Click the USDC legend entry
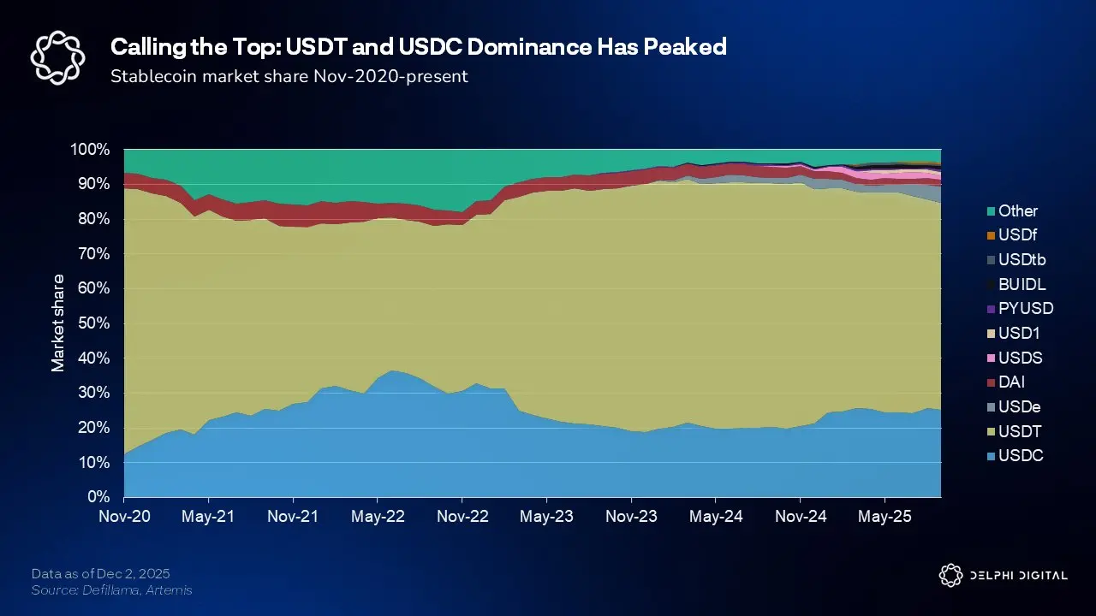pyautogui.click(x=1015, y=456)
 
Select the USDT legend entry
pyautogui.click(x=1015, y=432)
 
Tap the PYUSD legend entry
pyautogui.click(x=1019, y=308)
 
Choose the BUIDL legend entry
pyautogui.click(x=1016, y=284)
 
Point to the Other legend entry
pyautogui.click(x=1011, y=210)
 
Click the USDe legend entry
pyautogui.click(x=1013, y=407)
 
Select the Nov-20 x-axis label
pyautogui.click(x=124, y=517)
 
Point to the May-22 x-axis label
pyautogui.click(x=378, y=517)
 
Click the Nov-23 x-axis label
pyautogui.click(x=631, y=517)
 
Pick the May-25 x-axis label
pyautogui.click(x=885, y=517)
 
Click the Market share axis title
pyautogui.click(x=58, y=323)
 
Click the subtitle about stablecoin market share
pyautogui.click(x=289, y=76)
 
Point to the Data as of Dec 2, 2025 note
pyautogui.click(x=101, y=573)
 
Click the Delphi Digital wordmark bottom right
pyautogui.click(x=1018, y=575)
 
